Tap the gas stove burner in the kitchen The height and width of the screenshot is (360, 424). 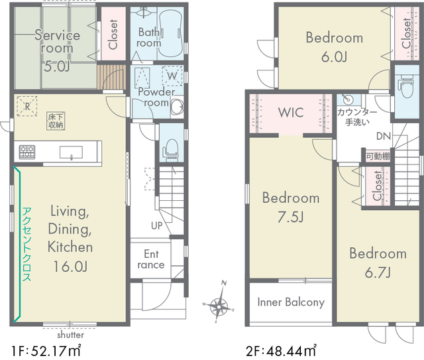[x=27, y=152]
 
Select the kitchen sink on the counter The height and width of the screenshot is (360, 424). [x=71, y=152]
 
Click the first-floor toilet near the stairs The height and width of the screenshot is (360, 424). [x=170, y=150]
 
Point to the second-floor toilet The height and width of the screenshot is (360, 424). [x=406, y=86]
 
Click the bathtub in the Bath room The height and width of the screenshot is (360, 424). [x=170, y=33]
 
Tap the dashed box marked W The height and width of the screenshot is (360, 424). [x=172, y=76]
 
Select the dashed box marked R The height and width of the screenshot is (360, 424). [x=27, y=106]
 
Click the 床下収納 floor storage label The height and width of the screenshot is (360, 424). [x=56, y=121]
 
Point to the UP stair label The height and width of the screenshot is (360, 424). [x=157, y=225]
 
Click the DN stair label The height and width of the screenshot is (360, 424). [x=384, y=136]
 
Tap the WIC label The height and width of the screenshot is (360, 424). [x=291, y=112]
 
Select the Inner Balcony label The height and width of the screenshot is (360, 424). [x=291, y=302]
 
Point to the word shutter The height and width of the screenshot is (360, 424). [x=70, y=335]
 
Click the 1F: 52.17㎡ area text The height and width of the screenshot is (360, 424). [x=46, y=351]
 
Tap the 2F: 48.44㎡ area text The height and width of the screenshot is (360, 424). [x=281, y=351]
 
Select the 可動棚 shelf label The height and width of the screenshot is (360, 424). [x=378, y=156]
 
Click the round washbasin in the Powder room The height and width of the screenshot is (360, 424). [x=177, y=106]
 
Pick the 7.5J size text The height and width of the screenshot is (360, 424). [x=291, y=217]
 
